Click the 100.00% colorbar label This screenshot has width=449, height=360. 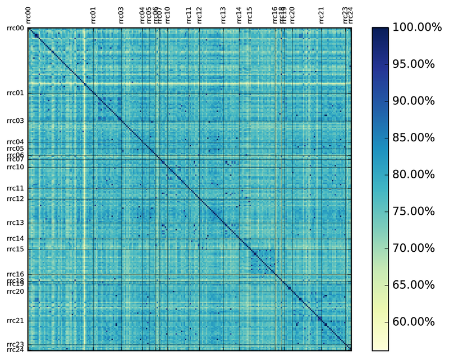(x=413, y=27)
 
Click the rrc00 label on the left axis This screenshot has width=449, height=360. (x=15, y=28)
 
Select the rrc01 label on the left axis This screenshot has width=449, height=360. (x=15, y=93)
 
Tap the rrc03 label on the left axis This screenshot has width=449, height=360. (x=15, y=121)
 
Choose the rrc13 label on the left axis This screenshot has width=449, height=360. (x=15, y=223)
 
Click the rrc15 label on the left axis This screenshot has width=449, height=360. (x=15, y=248)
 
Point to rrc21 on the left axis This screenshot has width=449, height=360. (x=15, y=320)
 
